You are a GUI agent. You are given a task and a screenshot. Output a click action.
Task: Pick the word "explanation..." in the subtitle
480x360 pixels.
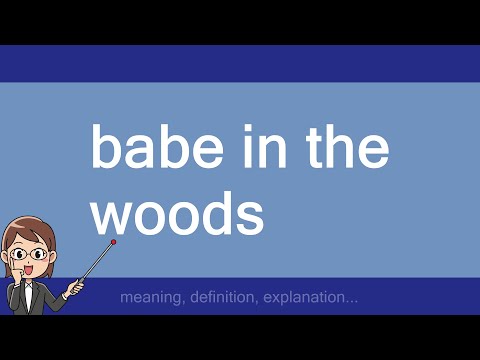coord(309,298)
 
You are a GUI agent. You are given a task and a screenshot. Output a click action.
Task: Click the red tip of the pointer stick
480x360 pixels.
coord(114,242)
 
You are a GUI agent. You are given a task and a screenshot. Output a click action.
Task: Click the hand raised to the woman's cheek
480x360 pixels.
coord(12,271)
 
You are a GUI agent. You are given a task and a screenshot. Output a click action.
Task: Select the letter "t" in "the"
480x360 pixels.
coord(306,148)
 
